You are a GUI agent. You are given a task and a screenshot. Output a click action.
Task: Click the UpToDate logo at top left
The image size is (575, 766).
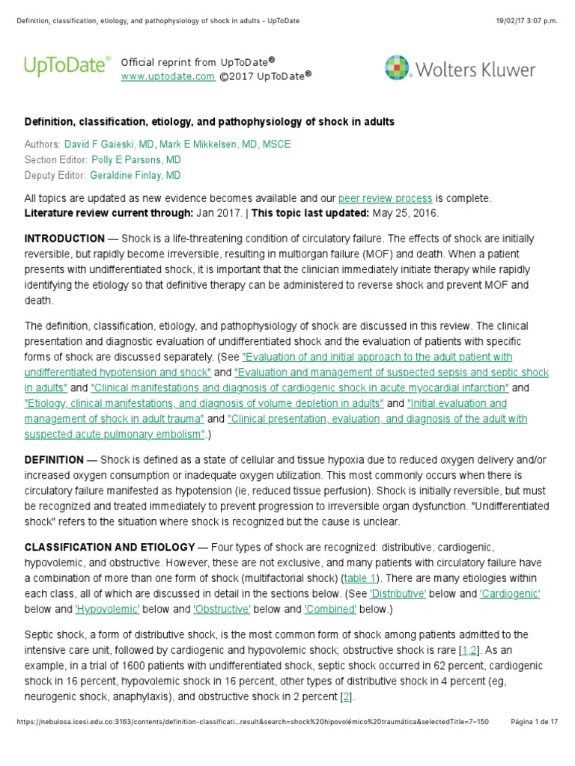(67, 67)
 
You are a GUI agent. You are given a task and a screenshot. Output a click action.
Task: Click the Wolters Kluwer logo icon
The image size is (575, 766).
(397, 67)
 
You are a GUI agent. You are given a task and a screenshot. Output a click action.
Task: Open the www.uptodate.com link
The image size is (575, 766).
(168, 76)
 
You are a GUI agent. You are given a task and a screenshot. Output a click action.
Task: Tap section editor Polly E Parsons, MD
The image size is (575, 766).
(136, 160)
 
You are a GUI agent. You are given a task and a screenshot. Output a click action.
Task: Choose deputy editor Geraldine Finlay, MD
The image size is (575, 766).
(136, 176)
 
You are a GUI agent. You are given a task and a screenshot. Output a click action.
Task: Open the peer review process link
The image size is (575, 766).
(385, 198)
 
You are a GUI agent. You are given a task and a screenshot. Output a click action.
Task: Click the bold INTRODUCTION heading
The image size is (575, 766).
(64, 239)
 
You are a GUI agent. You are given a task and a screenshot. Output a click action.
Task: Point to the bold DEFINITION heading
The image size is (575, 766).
(54, 460)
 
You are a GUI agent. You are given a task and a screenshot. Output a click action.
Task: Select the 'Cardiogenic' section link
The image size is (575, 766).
(510, 593)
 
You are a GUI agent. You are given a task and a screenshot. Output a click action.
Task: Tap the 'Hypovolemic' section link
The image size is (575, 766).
(107, 608)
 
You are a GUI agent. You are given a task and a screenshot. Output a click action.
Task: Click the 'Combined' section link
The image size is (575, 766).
(331, 608)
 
